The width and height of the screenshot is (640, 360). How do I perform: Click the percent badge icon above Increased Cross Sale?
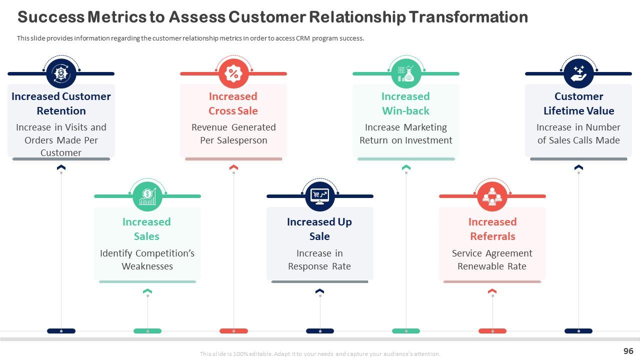[x=233, y=73]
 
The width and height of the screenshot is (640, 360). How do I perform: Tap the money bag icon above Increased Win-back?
[x=406, y=73]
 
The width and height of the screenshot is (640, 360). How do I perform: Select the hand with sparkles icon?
[x=578, y=73]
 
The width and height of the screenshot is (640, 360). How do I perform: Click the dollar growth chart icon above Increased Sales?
[x=147, y=196]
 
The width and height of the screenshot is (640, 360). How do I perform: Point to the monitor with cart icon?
[x=319, y=196]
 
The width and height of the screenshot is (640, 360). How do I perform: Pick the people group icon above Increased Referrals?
[x=492, y=196]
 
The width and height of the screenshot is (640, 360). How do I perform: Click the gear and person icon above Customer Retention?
[x=61, y=73]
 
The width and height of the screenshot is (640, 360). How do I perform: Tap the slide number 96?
[x=628, y=351]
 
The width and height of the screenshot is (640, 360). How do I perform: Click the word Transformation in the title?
[x=468, y=17]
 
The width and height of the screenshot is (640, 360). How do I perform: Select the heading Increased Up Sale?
[x=319, y=229]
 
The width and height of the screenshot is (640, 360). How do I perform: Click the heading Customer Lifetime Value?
[x=578, y=103]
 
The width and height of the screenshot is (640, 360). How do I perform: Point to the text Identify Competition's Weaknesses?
[x=147, y=259]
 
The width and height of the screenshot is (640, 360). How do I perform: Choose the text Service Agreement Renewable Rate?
[x=492, y=259]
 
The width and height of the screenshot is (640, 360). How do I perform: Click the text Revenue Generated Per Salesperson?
[x=233, y=133]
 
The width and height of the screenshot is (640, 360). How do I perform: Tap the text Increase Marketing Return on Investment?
[x=405, y=133]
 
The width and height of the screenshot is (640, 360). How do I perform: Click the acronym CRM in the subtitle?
[x=303, y=38]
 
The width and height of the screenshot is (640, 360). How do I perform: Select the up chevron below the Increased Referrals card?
[x=492, y=291]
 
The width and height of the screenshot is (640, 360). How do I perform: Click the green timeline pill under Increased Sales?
[x=147, y=331]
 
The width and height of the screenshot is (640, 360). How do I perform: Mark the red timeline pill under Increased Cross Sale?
[x=233, y=331]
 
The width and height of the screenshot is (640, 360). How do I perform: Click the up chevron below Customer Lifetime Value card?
[x=578, y=167]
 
